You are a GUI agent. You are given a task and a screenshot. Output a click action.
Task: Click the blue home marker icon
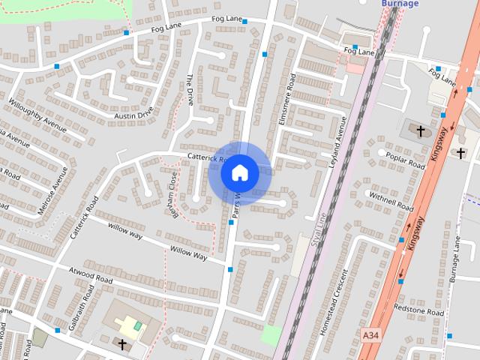click(x=240, y=172)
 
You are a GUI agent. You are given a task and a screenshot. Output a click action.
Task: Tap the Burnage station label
click(x=400, y=4)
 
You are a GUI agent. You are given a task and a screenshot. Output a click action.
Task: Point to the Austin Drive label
click(x=133, y=112)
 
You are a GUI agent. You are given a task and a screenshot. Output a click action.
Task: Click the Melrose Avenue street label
click(x=52, y=190)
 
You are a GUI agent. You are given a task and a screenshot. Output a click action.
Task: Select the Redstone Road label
click(x=424, y=311)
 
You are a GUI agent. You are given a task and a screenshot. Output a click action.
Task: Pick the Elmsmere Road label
click(x=287, y=98)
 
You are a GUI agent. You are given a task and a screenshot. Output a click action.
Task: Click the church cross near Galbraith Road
click(x=122, y=343)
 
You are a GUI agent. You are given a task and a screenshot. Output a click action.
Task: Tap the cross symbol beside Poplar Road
click(x=421, y=131)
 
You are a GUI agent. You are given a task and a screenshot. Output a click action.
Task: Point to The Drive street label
click(x=190, y=90)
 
